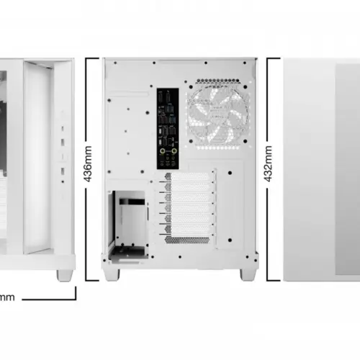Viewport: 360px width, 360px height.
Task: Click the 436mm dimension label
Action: pyautogui.click(x=88, y=163)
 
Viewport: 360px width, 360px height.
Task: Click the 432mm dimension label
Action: pyautogui.click(x=268, y=163)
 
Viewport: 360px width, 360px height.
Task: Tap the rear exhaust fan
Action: pyautogui.click(x=217, y=114)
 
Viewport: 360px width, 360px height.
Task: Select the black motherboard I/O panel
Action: pyautogui.click(x=168, y=129)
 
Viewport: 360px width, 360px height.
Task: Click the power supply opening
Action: pyautogui.click(x=127, y=225)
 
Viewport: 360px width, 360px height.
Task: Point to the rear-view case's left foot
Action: pyautogui.click(x=111, y=274)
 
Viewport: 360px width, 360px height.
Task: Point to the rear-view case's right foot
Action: pyautogui.click(x=248, y=274)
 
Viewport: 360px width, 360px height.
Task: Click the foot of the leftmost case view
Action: pyautogui.click(x=65, y=275)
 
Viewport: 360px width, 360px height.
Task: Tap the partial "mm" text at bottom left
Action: pyautogui.click(x=7, y=297)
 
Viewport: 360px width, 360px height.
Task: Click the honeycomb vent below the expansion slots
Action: pyautogui.click(x=187, y=240)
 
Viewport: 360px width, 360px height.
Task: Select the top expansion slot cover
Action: pyautogui.click(x=189, y=177)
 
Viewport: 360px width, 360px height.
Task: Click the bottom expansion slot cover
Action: pyautogui.click(x=189, y=230)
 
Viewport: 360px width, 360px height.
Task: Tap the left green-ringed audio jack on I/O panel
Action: pyautogui.click(x=163, y=151)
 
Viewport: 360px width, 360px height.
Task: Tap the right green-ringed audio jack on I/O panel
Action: pyautogui.click(x=174, y=151)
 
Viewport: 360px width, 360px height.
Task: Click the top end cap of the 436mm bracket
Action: pyautogui.click(x=92, y=58)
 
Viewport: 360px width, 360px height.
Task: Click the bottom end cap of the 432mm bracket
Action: pyautogui.click(x=274, y=280)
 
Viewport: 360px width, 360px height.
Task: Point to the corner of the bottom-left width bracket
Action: pyautogui.click(x=76, y=300)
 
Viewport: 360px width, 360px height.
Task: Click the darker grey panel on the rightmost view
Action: pyautogui.click(x=348, y=169)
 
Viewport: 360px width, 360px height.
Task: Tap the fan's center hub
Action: pyautogui.click(x=217, y=114)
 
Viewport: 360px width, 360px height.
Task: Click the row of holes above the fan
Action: pyautogui.click(x=217, y=81)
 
